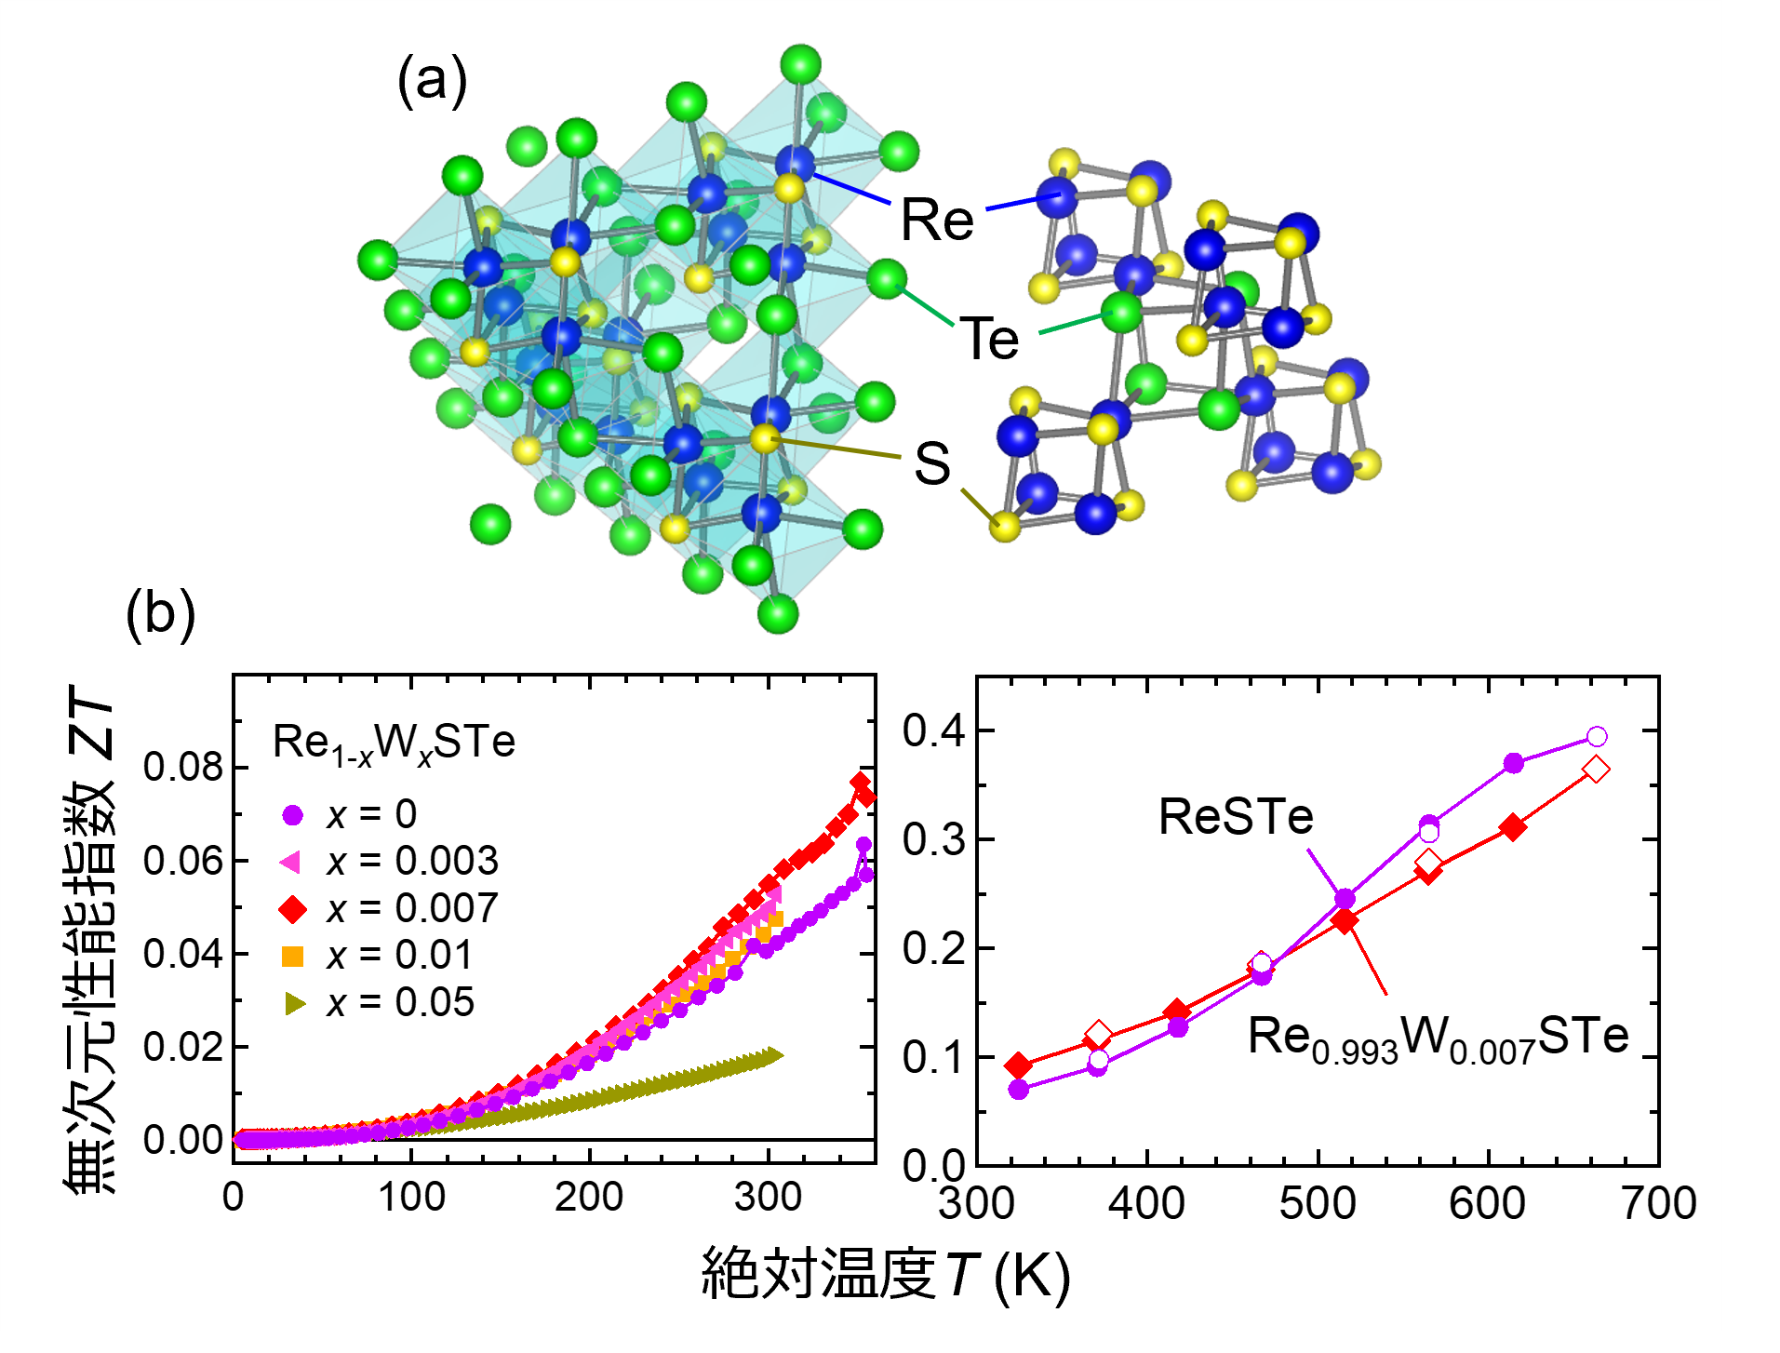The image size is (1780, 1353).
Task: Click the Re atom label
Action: click(937, 220)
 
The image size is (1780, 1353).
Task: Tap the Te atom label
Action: click(989, 338)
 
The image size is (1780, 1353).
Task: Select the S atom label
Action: click(932, 462)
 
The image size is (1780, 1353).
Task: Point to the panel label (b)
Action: click(160, 613)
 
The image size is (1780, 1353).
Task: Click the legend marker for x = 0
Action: click(292, 815)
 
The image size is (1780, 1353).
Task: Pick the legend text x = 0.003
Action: click(412, 862)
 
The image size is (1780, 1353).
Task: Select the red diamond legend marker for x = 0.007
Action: click(292, 909)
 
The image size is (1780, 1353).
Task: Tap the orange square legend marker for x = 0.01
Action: click(292, 956)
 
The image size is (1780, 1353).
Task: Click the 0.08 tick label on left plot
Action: click(183, 767)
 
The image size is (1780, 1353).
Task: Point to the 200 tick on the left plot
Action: click(588, 1197)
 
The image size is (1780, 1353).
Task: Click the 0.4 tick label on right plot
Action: click(934, 730)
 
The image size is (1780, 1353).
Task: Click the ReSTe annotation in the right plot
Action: click(1236, 817)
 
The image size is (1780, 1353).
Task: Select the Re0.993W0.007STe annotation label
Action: click(1438, 1038)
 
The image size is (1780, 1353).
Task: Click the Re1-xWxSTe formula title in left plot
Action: click(394, 743)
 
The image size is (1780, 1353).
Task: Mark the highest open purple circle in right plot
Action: click(1597, 737)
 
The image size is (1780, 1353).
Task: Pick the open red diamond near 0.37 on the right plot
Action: click(1596, 770)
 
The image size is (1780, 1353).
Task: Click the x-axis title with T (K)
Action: click(886, 1273)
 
